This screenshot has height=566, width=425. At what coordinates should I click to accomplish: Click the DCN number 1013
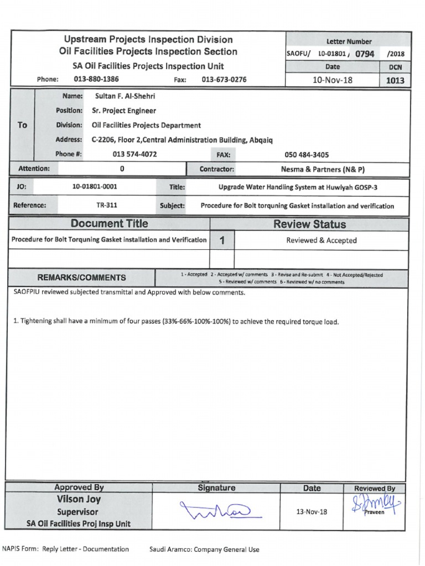click(x=395, y=81)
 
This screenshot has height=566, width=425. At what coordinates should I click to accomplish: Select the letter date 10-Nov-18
click(x=333, y=80)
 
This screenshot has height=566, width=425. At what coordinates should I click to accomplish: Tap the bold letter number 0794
click(x=365, y=54)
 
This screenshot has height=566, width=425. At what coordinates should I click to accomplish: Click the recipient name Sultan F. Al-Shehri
click(x=125, y=96)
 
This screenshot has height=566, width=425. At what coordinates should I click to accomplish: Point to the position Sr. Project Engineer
click(x=124, y=111)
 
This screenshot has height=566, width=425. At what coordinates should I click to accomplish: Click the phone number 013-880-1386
click(x=96, y=80)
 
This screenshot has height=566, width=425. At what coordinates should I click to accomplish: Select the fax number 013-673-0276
click(x=224, y=80)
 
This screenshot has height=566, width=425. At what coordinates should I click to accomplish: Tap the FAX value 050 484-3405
click(x=306, y=155)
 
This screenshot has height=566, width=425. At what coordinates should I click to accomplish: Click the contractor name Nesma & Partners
click(x=323, y=169)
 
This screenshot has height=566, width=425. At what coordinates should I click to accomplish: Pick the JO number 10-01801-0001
click(x=95, y=187)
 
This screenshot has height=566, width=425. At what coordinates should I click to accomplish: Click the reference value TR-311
click(x=107, y=206)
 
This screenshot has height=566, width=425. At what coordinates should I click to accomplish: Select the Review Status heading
click(x=310, y=224)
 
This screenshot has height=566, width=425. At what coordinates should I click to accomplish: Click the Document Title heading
click(x=110, y=224)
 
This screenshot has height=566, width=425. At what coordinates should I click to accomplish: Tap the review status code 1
click(x=222, y=240)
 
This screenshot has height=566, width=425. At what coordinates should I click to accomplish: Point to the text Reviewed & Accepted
click(x=321, y=240)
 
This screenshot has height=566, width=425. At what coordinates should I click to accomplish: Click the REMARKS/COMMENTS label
click(x=81, y=277)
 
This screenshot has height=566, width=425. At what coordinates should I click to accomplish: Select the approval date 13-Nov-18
click(x=312, y=511)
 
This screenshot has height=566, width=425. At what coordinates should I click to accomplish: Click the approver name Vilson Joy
click(x=78, y=500)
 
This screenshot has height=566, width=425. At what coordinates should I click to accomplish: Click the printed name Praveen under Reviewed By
click(x=374, y=512)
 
